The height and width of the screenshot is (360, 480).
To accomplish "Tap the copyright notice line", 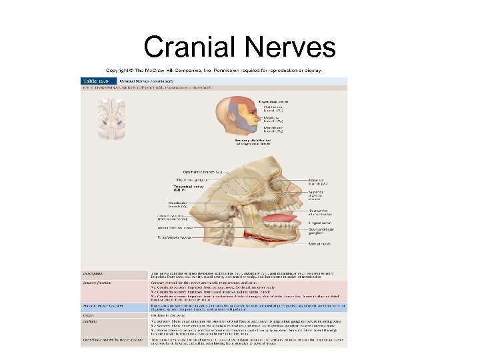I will pyautogui.click(x=213, y=70).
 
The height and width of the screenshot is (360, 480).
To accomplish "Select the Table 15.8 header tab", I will pyautogui.click(x=92, y=80).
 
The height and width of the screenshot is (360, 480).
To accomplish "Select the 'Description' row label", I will pyautogui.click(x=93, y=273).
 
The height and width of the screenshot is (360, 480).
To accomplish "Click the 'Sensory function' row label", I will pyautogui.click(x=97, y=283).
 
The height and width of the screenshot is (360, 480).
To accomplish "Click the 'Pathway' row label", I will pyautogui.click(x=90, y=321).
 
